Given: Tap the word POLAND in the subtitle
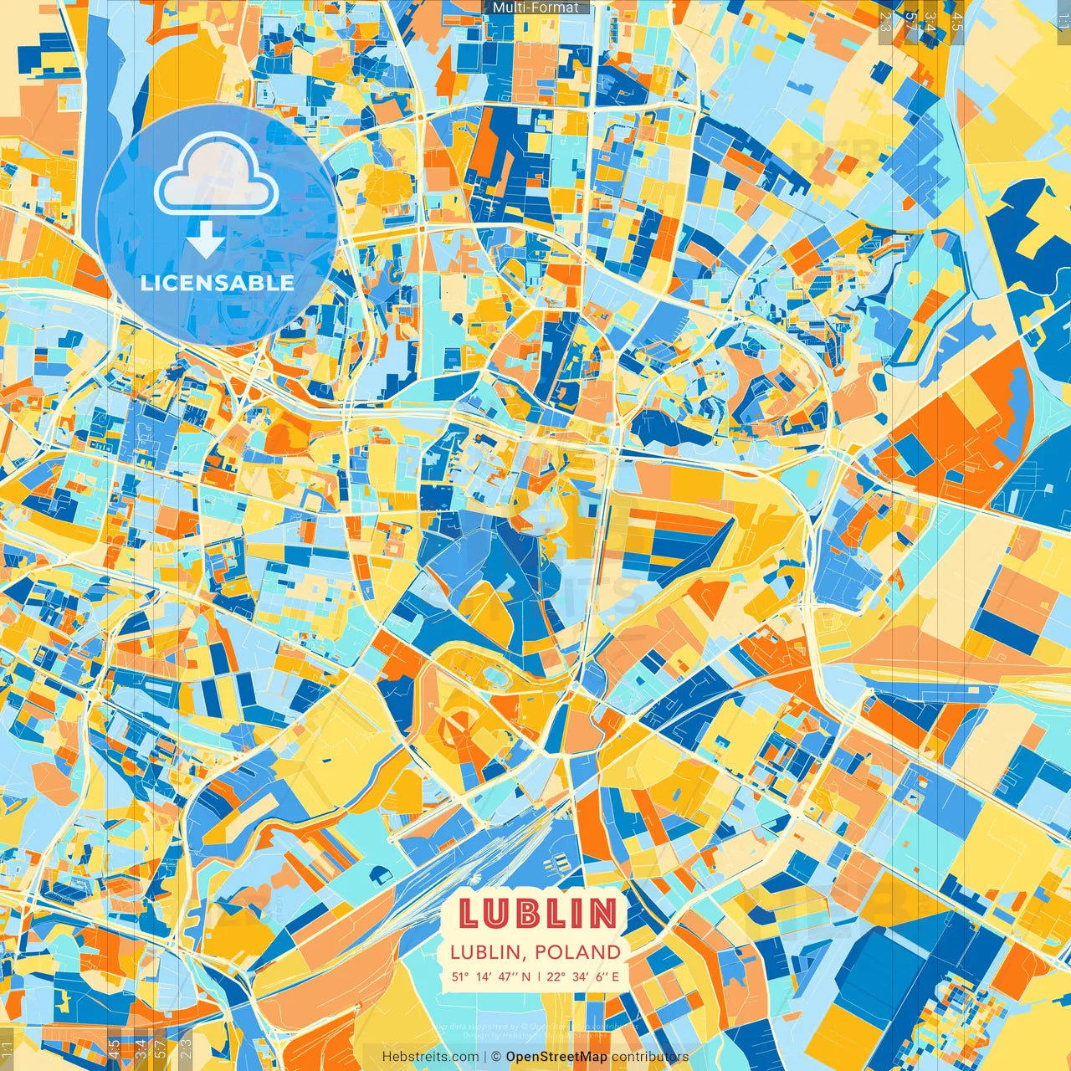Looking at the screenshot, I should coord(578,952).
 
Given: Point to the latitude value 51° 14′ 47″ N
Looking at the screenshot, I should coord(491,976).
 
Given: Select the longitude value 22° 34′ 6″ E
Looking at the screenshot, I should coord(583,976).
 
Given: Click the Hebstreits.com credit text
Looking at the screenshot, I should coord(430,1057).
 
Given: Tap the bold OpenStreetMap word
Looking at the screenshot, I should coord(556,1057).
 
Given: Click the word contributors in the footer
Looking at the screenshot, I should coord(650,1057).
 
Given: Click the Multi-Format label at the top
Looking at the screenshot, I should coord(535,8).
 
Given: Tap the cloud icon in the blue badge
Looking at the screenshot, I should coord(217,175).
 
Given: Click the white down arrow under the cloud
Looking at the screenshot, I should coord(206,238).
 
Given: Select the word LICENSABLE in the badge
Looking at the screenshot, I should coord(218,283).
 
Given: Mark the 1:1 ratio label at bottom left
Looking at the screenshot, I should coord(8,1050).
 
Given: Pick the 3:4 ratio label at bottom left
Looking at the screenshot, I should coord(141,1049).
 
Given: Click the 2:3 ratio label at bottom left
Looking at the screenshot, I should coord(186,1049).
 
